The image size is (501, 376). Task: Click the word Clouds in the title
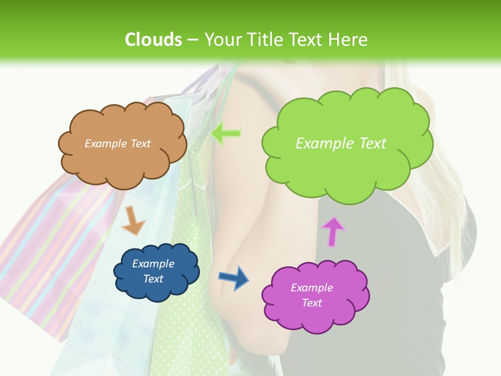pos(153,39)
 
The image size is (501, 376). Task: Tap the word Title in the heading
pos(265,39)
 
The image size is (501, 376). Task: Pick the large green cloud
pos(347,167)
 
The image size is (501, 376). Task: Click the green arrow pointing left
pos(226,134)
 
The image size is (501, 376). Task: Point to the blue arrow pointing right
pos(233,277)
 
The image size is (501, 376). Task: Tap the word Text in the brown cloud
pos(139,143)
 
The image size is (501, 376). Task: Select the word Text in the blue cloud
pos(153,279)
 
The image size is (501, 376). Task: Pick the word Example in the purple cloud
pos(312,288)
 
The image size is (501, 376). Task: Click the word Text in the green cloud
pos(373,143)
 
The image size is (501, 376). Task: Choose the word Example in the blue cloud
pos(153,264)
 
